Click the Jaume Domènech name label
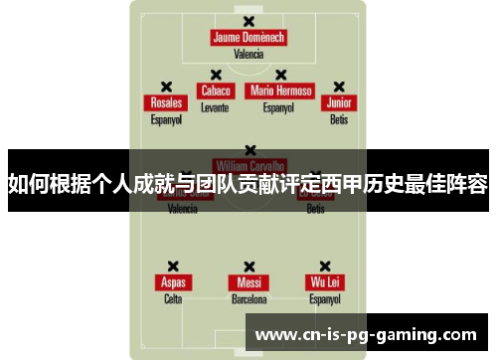(248, 38)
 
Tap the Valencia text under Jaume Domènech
(248, 55)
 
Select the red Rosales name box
(166, 103)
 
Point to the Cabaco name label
(215, 90)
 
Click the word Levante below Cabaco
(215, 106)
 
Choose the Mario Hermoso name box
(281, 90)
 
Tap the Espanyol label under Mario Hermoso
(281, 106)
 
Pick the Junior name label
(339, 103)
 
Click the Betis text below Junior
(339, 119)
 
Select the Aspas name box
(173, 282)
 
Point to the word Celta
(173, 298)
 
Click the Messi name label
(248, 282)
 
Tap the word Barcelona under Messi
(248, 298)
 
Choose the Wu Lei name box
(324, 282)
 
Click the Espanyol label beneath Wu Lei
(324, 298)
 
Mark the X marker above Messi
(248, 266)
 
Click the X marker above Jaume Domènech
(248, 21)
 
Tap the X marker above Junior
(339, 87)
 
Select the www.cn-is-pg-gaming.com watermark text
(366, 334)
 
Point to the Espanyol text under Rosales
(166, 119)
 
